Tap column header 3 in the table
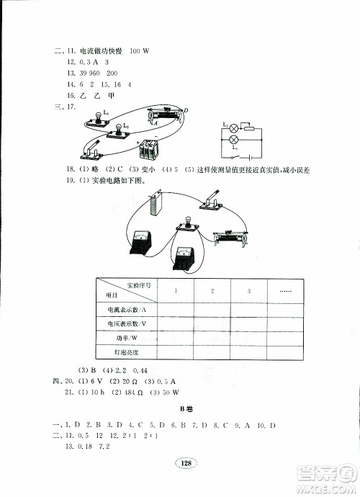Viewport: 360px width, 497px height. pos(248,290)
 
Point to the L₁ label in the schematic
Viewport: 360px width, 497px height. pos(235,146)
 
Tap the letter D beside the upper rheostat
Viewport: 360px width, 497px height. pos(186,109)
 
